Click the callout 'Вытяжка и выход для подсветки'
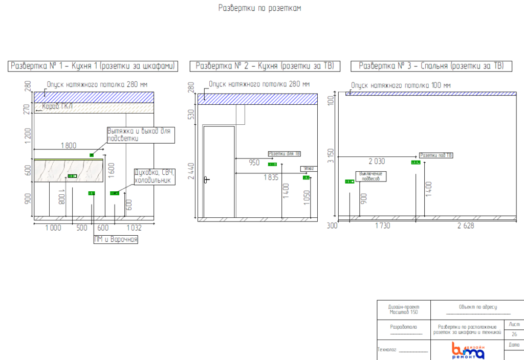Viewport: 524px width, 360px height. [140, 134]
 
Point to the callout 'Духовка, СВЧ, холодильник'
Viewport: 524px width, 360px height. [154, 176]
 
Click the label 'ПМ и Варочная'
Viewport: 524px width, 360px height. [116, 239]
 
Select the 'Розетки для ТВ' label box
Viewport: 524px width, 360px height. [285, 153]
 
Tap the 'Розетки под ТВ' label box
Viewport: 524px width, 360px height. [436, 155]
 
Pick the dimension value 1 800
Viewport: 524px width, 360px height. [69, 145]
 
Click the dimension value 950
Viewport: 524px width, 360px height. [254, 163]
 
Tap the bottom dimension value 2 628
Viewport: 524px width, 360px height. [465, 226]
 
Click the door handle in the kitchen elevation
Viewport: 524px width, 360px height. [206, 179]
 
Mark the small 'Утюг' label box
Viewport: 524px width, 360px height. [308, 168]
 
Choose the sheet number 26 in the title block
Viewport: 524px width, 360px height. [514, 334]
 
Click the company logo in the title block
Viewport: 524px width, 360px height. [468, 350]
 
